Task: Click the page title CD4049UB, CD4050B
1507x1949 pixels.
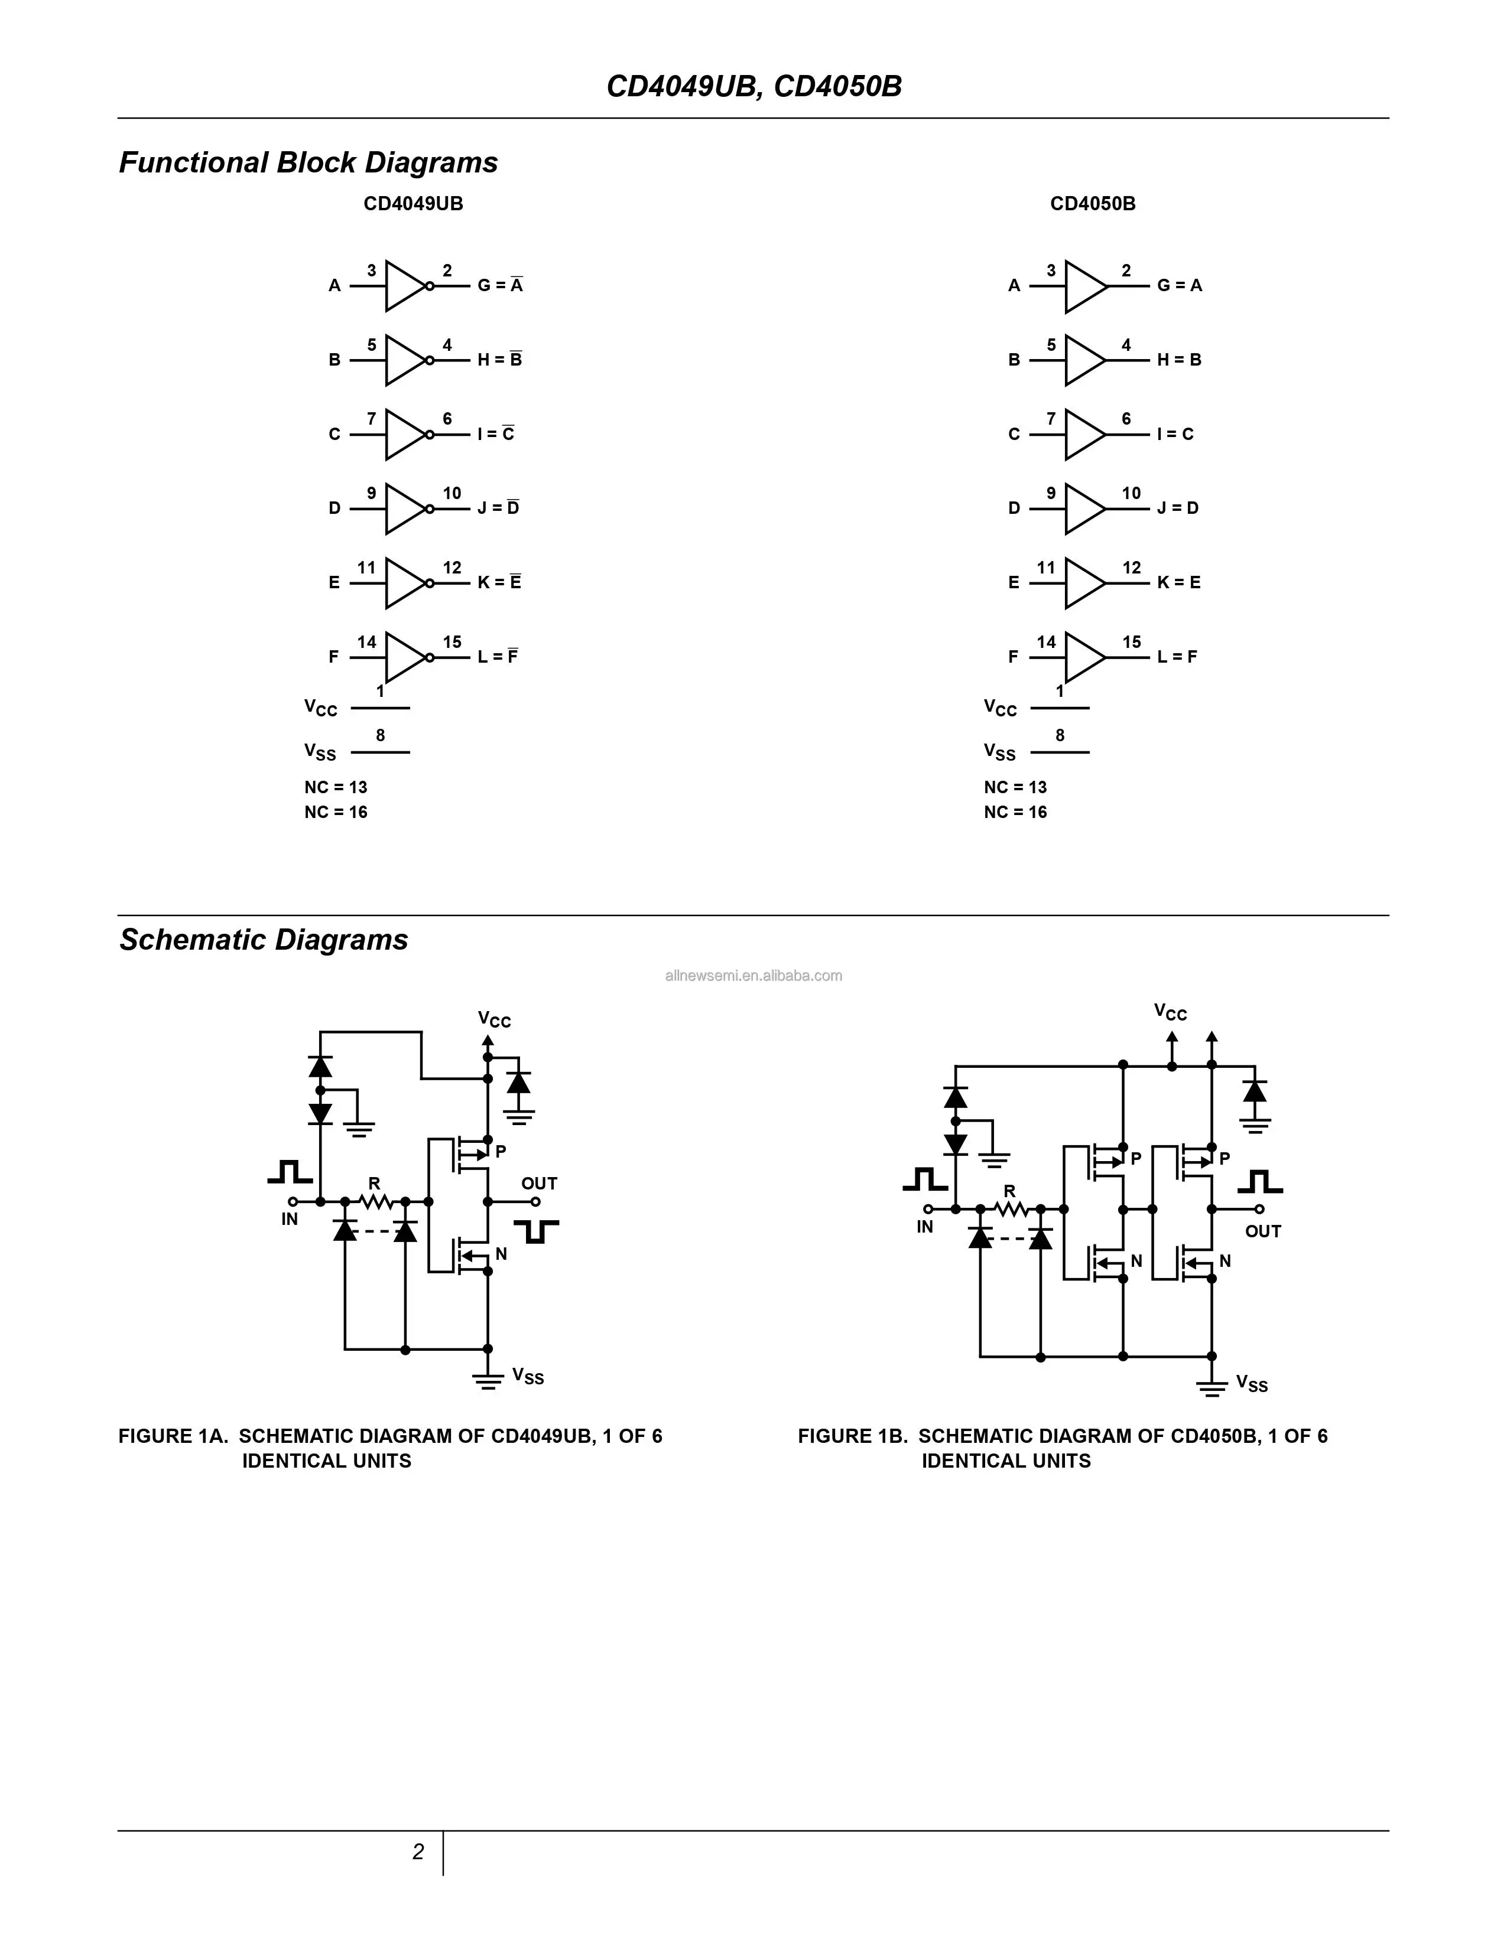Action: pyautogui.click(x=753, y=87)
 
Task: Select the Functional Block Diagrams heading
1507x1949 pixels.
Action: pyautogui.click(x=308, y=162)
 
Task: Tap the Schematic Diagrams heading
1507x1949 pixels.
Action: pyautogui.click(x=264, y=940)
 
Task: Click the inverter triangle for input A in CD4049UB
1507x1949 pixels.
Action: pyautogui.click(x=404, y=286)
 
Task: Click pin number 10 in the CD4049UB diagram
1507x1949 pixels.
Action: pyautogui.click(x=452, y=494)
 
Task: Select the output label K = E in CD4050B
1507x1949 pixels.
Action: pyautogui.click(x=1178, y=583)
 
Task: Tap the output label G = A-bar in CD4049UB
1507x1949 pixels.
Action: pyautogui.click(x=500, y=286)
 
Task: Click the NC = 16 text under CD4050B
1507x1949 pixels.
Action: pyautogui.click(x=1015, y=812)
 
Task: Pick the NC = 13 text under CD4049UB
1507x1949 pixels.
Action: pyautogui.click(x=336, y=787)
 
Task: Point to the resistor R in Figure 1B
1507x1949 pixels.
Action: pyautogui.click(x=1010, y=1208)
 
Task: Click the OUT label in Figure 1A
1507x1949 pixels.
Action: pyautogui.click(x=539, y=1184)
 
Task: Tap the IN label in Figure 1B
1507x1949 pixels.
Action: pyautogui.click(x=925, y=1227)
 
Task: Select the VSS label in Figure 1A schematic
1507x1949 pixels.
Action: pyautogui.click(x=528, y=1376)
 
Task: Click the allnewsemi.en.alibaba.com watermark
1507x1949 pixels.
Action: pyautogui.click(x=753, y=976)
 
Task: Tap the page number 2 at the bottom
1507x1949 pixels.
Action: pyautogui.click(x=418, y=1852)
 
